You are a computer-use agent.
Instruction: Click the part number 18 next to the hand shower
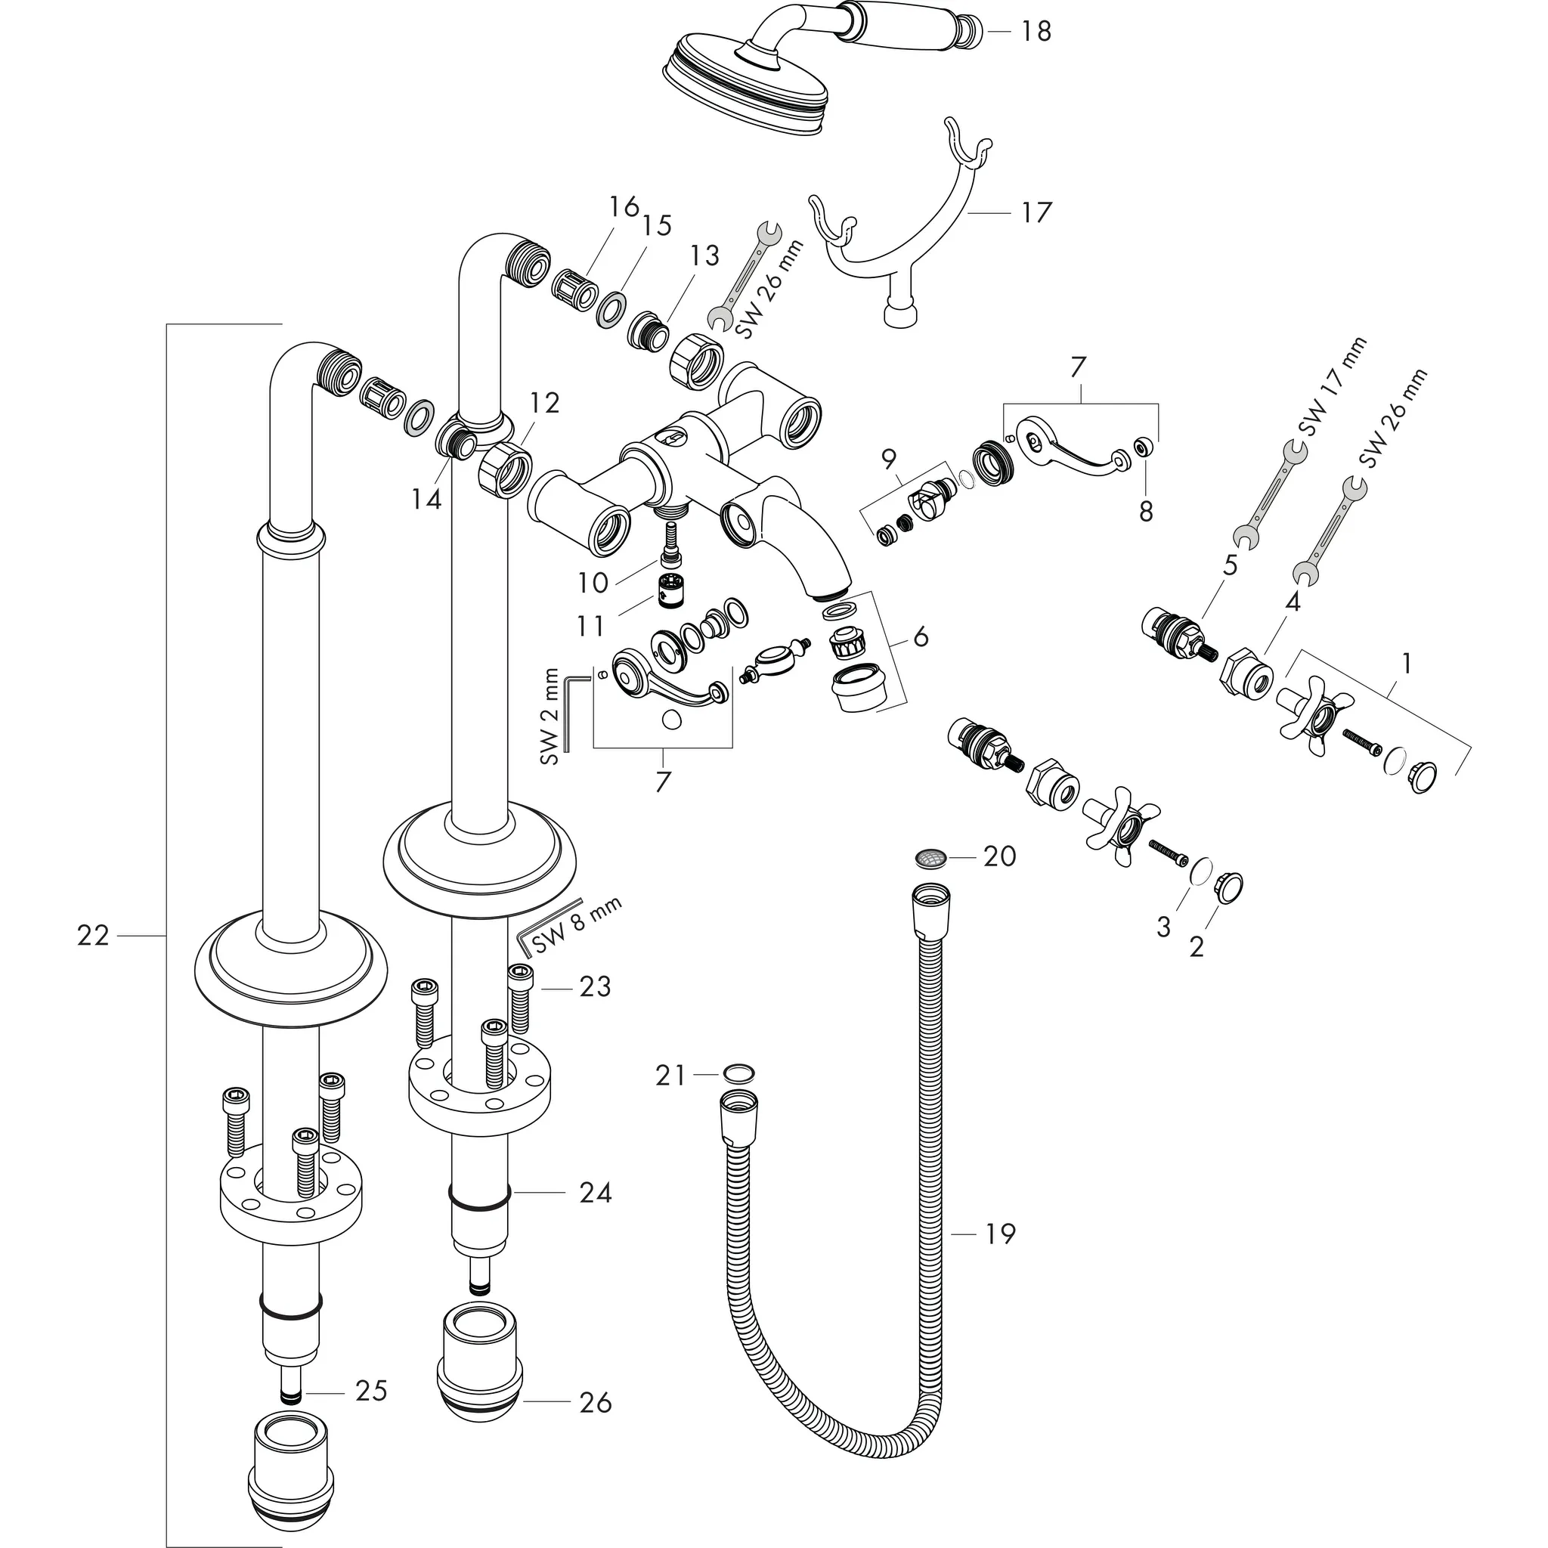(1036, 32)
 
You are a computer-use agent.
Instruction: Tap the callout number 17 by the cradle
(1036, 213)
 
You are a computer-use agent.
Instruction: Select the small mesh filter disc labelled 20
(930, 858)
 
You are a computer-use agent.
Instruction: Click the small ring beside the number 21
(737, 1072)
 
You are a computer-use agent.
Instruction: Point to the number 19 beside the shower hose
(999, 1234)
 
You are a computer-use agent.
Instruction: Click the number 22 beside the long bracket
(93, 935)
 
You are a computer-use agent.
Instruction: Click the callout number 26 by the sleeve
(595, 1402)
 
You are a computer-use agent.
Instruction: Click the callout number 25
(371, 1391)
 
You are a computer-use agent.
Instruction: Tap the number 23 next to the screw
(595, 987)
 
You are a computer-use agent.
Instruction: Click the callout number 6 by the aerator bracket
(921, 638)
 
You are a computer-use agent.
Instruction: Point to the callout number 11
(590, 626)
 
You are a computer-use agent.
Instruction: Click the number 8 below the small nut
(1146, 511)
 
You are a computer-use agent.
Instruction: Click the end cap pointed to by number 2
(1229, 887)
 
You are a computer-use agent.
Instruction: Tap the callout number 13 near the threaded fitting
(704, 255)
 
